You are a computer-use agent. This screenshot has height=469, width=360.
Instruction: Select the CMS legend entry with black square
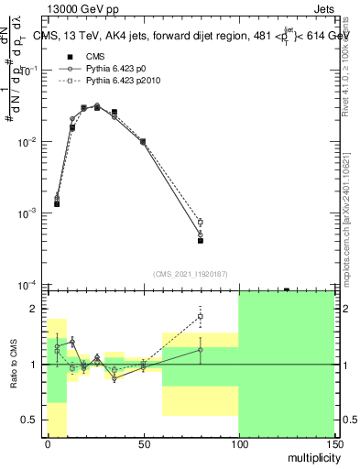point(82,57)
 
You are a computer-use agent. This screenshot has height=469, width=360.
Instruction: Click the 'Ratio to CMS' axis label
point(15,365)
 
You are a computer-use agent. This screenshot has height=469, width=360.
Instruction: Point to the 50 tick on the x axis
point(143,443)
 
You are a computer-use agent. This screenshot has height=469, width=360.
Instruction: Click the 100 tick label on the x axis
point(238,443)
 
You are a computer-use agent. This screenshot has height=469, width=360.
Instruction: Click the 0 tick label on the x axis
point(48,443)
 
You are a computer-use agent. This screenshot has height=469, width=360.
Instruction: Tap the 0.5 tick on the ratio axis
point(30,420)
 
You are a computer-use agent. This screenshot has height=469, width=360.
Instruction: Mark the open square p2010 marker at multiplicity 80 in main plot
point(200,222)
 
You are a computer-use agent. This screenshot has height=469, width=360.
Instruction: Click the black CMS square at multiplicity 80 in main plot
point(200,241)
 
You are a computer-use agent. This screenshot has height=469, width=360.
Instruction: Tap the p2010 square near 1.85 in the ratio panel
point(200,317)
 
